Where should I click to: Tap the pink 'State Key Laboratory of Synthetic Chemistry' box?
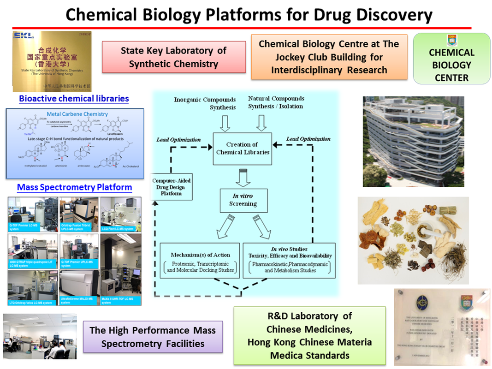(x=173, y=57)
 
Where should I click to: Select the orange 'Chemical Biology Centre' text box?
(x=329, y=57)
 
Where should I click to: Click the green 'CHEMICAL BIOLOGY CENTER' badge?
(x=451, y=59)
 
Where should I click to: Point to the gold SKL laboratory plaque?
(x=51, y=61)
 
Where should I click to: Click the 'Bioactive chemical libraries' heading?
(x=74, y=99)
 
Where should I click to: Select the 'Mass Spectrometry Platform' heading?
(x=74, y=187)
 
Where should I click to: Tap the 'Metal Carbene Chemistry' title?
(x=77, y=114)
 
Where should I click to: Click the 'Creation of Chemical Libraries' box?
(x=242, y=149)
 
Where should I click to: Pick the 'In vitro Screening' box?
(x=243, y=200)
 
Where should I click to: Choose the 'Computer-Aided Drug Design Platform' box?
(x=171, y=187)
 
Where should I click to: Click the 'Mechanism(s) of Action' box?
(x=200, y=261)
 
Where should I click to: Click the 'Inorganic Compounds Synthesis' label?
(x=204, y=103)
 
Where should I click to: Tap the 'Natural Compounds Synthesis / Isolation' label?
(x=276, y=102)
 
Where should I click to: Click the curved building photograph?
(x=406, y=141)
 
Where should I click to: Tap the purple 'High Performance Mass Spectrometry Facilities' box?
(x=153, y=337)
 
